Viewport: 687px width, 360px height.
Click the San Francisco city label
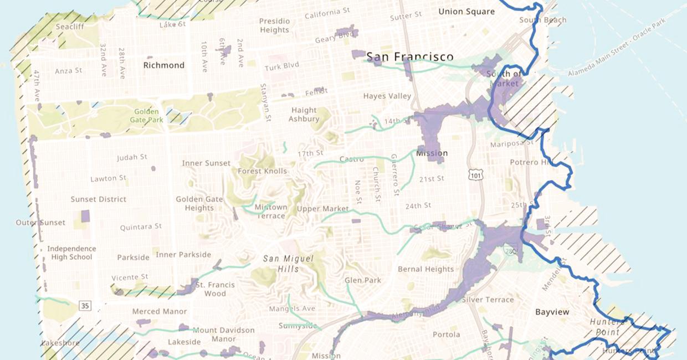click(x=409, y=56)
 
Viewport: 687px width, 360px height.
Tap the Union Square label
click(x=466, y=11)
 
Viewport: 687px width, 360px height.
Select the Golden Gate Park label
click(x=147, y=115)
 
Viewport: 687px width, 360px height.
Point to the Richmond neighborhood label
click(x=163, y=65)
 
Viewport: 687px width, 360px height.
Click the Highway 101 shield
click(x=476, y=175)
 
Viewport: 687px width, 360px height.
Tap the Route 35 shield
click(x=85, y=305)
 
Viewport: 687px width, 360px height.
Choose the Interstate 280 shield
click(x=510, y=251)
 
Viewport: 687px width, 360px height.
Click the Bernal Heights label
click(x=425, y=269)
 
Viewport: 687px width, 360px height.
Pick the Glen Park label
click(x=363, y=280)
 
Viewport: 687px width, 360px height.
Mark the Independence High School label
click(x=71, y=253)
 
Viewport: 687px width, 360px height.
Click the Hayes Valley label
click(x=387, y=96)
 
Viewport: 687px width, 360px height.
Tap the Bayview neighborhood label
click(x=552, y=312)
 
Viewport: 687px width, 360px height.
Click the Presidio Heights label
click(x=274, y=25)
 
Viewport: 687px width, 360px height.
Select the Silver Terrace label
click(x=488, y=300)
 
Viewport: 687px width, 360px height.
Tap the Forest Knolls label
click(x=263, y=171)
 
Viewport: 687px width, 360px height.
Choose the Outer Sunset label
click(x=40, y=223)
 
